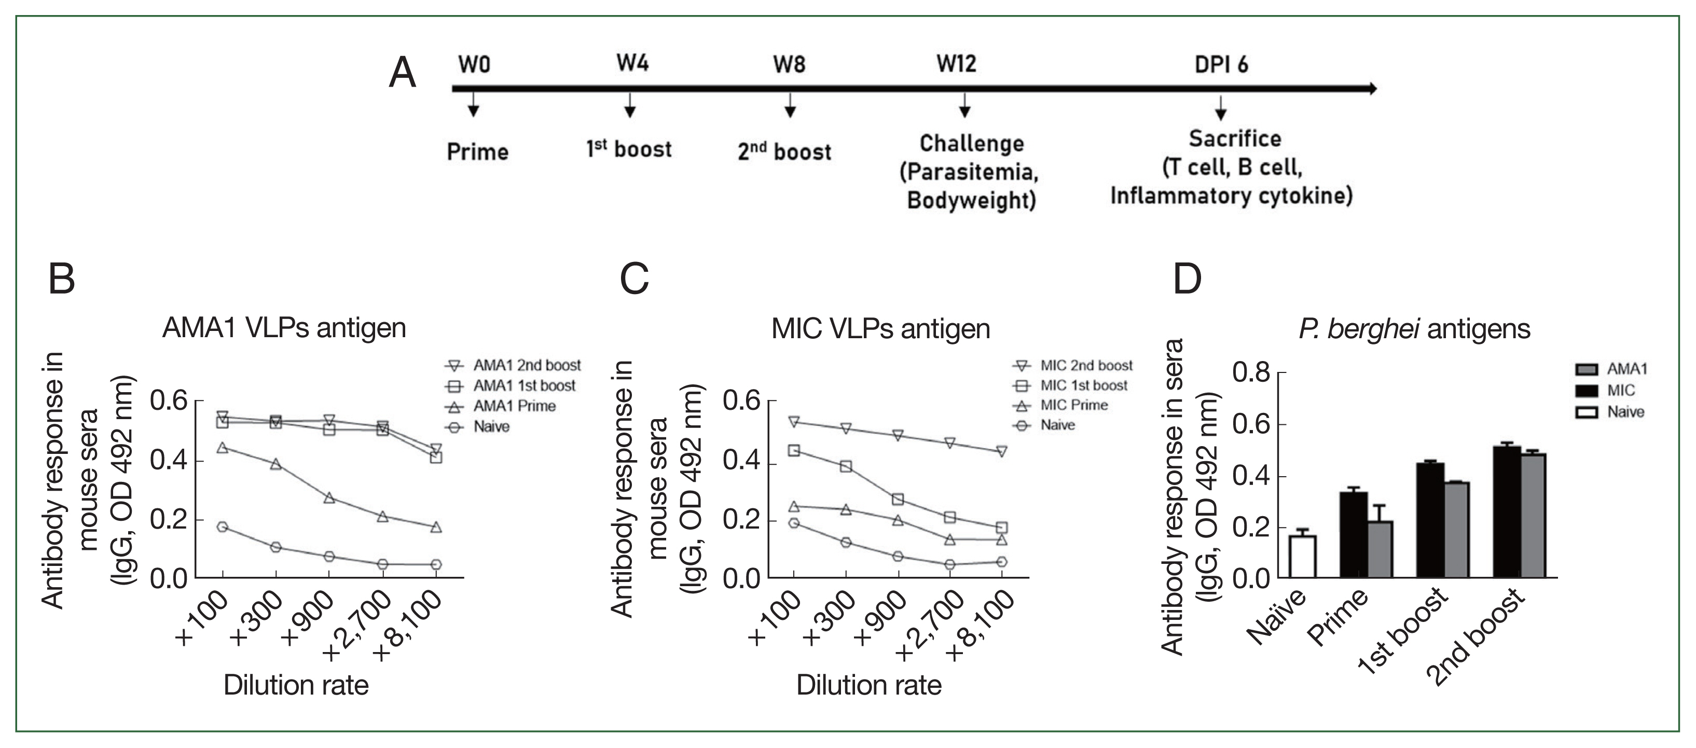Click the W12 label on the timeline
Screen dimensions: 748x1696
[956, 64]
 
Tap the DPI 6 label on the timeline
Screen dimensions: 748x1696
[1221, 64]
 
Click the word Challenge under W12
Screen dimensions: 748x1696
[972, 144]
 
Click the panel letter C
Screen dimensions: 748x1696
[634, 279]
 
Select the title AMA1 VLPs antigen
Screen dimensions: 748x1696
[284, 327]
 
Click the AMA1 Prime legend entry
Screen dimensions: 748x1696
[514, 406]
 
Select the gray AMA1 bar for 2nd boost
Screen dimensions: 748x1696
[1533, 516]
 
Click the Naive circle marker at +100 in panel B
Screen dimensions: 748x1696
[223, 527]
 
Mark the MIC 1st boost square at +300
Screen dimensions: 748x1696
[846, 466]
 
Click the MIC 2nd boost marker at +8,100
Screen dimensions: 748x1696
[1001, 452]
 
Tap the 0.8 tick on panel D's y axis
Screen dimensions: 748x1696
[1251, 372]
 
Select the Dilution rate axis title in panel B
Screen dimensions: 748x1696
[296, 685]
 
